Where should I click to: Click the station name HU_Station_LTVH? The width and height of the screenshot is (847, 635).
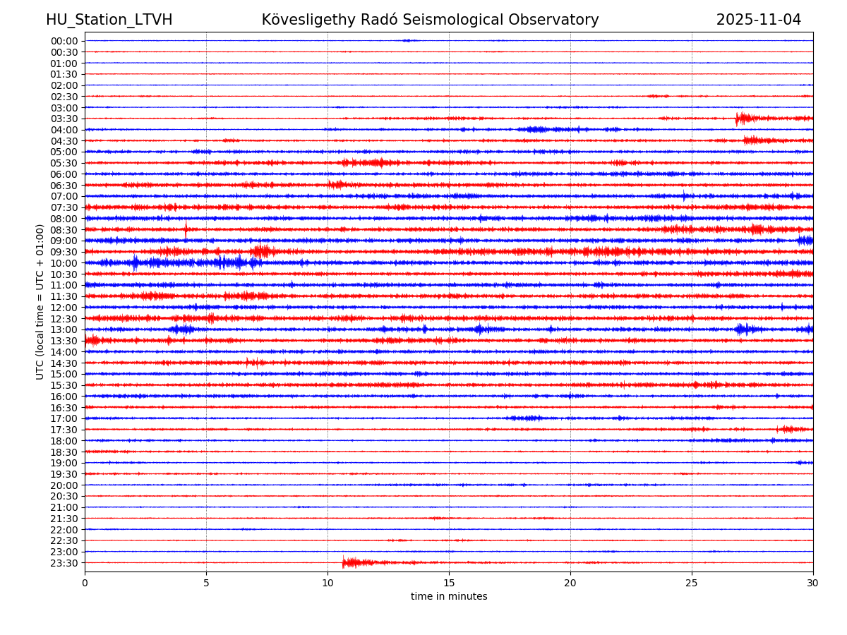pos(109,20)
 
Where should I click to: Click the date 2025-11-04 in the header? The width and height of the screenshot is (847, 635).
pos(758,20)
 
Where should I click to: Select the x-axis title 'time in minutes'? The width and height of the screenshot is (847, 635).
pos(449,596)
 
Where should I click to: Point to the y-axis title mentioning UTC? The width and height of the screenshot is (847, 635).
pos(40,301)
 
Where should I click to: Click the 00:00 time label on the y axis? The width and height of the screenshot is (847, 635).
pos(64,41)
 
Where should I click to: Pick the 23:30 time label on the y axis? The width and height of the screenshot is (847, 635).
pos(64,563)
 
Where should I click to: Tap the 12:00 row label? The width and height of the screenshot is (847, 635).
pos(64,308)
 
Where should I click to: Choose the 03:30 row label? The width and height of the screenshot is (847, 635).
pos(64,119)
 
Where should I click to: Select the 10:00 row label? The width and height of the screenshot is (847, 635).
pos(64,263)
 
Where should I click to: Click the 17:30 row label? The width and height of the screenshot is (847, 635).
pos(64,430)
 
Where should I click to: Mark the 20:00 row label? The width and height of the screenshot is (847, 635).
pos(64,485)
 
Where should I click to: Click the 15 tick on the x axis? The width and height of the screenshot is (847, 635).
pos(449,583)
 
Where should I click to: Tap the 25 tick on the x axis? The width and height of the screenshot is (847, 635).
pos(692,583)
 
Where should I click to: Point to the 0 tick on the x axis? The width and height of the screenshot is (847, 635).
pos(85,583)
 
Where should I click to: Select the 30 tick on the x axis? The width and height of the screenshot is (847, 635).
pos(813,583)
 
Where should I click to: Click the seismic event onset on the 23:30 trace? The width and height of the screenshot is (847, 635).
pos(344,562)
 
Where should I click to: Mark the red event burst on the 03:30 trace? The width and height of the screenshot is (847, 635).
pos(739,118)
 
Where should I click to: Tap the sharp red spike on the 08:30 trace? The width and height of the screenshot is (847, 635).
pos(186,229)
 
